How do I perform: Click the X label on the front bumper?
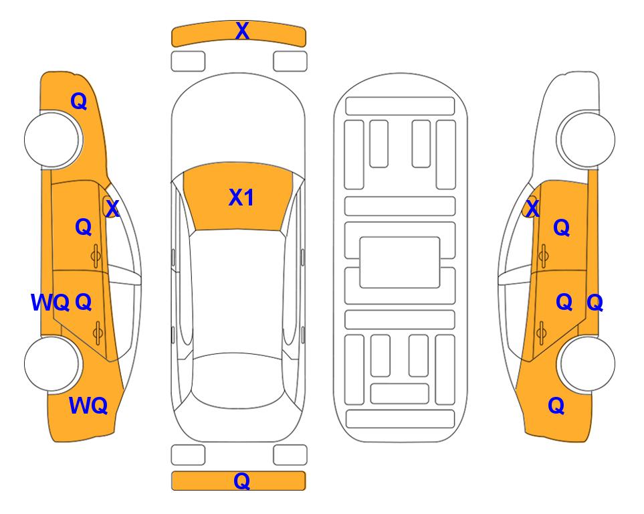pos(242,31)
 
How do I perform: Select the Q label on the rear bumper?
pos(242,481)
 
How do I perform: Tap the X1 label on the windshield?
pos(241,197)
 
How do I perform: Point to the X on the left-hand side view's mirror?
pos(112,208)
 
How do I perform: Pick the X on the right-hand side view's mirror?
pos(532,208)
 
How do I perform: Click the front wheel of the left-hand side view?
pos(52,140)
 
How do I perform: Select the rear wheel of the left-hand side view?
pos(52,364)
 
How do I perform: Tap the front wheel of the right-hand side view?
pos(586,140)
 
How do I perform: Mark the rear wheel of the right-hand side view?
pos(586,364)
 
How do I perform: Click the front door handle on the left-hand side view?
pos(96,256)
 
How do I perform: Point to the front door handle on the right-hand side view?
pos(543,256)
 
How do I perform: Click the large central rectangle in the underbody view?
pos(400,262)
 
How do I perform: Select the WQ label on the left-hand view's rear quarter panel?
pos(88,406)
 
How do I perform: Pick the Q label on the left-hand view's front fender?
pos(79,101)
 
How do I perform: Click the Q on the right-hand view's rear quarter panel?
pos(556,406)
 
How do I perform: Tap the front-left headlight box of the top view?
pos(188,62)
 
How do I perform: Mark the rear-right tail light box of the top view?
pos(290,455)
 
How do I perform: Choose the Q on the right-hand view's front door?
pos(562,228)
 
